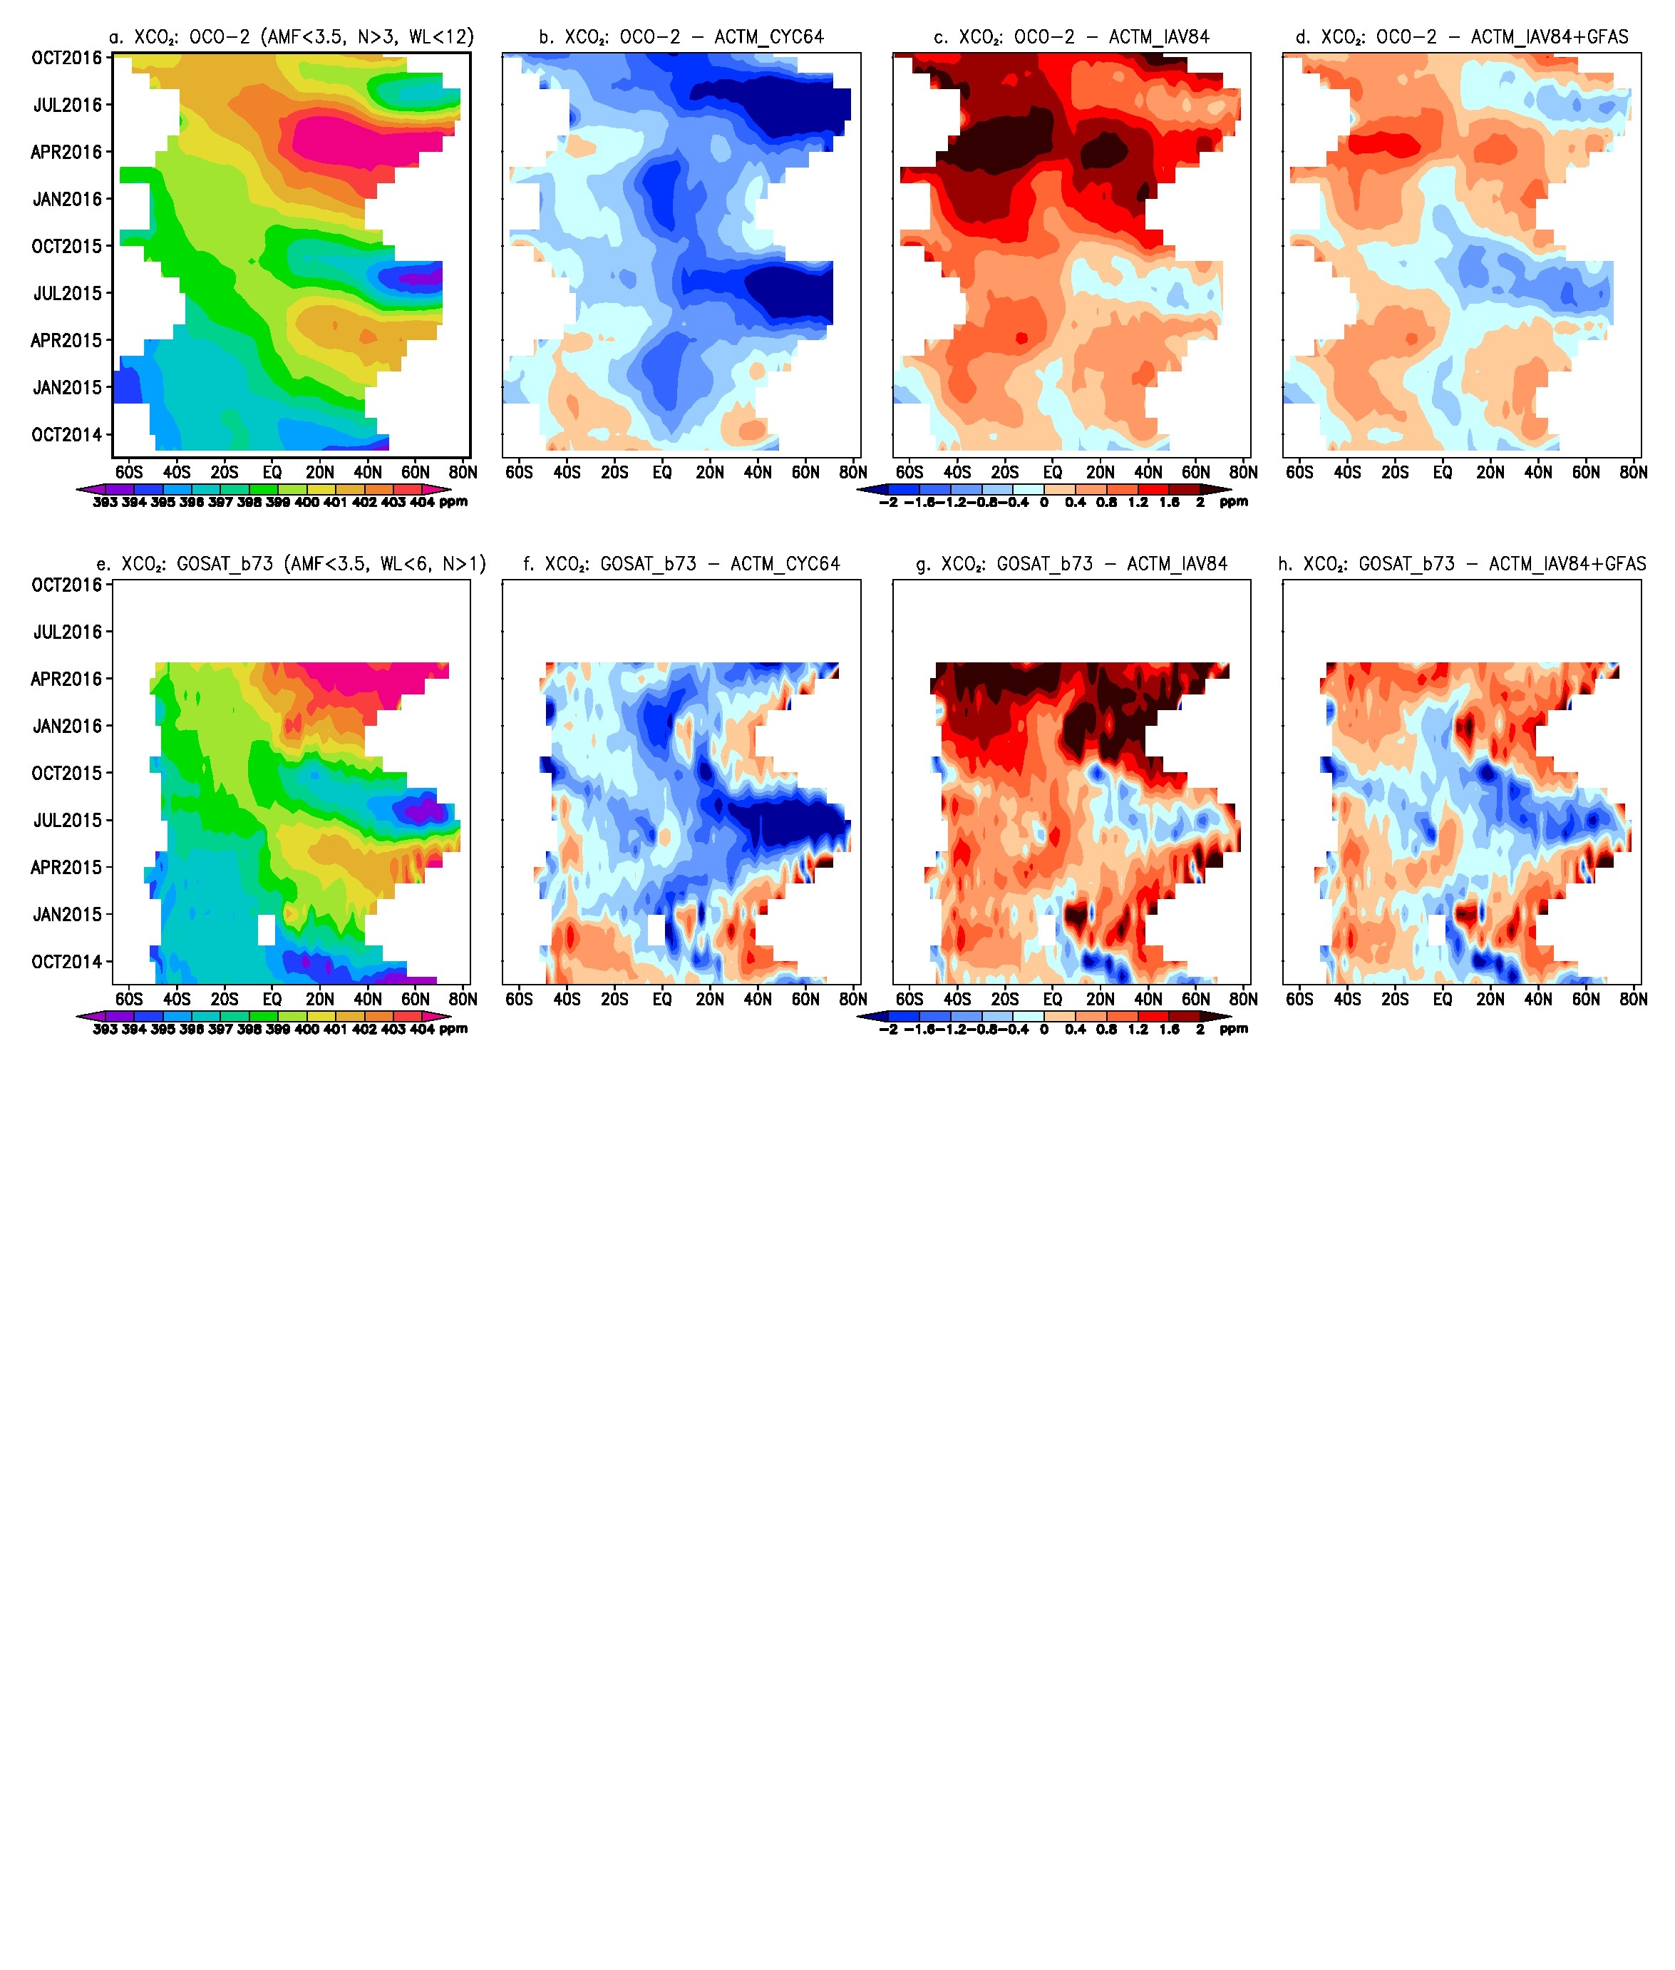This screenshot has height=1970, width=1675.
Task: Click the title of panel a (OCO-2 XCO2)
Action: tap(292, 37)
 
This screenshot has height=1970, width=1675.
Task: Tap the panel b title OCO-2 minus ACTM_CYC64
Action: tap(681, 37)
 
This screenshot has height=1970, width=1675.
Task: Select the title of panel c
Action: tap(1071, 37)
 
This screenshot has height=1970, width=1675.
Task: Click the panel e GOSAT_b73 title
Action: tap(292, 564)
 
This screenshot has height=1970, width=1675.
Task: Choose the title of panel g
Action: tap(1071, 564)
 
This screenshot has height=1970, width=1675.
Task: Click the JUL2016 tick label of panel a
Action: tap(68, 106)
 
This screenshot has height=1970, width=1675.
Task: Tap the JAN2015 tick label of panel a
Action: tap(68, 388)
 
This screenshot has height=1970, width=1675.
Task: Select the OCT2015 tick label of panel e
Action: tap(68, 773)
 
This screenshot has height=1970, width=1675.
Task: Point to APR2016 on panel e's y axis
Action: tap(68, 679)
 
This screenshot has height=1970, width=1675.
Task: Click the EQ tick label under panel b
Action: tap(662, 472)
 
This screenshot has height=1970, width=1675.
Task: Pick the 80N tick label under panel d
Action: tap(1633, 472)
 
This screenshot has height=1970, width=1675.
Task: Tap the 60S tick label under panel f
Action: tap(520, 999)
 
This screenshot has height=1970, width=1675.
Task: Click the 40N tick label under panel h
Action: tap(1538, 999)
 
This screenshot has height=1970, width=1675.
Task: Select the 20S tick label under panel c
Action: tap(1004, 472)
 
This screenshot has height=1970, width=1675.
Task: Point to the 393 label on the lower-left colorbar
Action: tap(105, 1030)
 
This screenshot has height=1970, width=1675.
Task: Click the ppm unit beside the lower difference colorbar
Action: tap(1234, 1029)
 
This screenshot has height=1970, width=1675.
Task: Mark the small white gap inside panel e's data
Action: tap(267, 930)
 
